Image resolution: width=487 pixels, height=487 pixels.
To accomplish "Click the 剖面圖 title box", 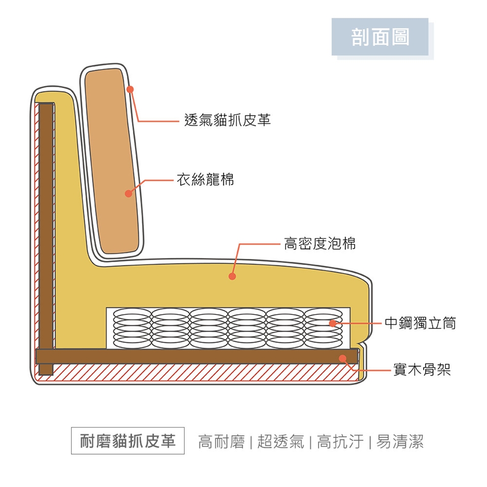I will click(x=380, y=37).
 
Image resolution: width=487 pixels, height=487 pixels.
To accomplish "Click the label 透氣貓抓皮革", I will click(x=227, y=120).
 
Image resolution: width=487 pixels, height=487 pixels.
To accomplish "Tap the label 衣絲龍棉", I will click(x=205, y=179).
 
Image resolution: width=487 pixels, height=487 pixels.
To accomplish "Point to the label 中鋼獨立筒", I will click(x=420, y=323).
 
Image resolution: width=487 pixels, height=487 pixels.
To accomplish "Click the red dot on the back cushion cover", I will click(x=130, y=89).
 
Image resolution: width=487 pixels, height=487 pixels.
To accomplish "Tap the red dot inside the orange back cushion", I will click(x=128, y=193).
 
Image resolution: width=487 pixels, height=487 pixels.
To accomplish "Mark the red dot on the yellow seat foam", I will click(x=232, y=276).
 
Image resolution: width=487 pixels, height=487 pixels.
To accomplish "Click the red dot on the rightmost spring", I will click(x=332, y=323).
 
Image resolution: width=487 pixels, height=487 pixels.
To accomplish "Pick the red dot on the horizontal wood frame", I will click(x=342, y=358).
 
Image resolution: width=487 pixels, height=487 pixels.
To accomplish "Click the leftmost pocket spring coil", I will click(x=132, y=328).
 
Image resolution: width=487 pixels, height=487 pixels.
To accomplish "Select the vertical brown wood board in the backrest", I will click(x=46, y=228).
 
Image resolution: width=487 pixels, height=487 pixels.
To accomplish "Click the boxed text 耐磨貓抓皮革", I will click(x=128, y=441).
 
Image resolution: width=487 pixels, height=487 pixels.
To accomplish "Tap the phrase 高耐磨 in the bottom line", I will click(x=221, y=442).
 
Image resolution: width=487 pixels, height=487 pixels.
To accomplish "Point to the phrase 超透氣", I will click(x=281, y=442).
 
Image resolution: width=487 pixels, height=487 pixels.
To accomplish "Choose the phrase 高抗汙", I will click(x=340, y=442).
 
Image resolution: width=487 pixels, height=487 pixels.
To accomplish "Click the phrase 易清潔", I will click(x=400, y=442).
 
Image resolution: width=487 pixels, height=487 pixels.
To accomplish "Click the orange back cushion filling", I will click(x=112, y=152).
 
